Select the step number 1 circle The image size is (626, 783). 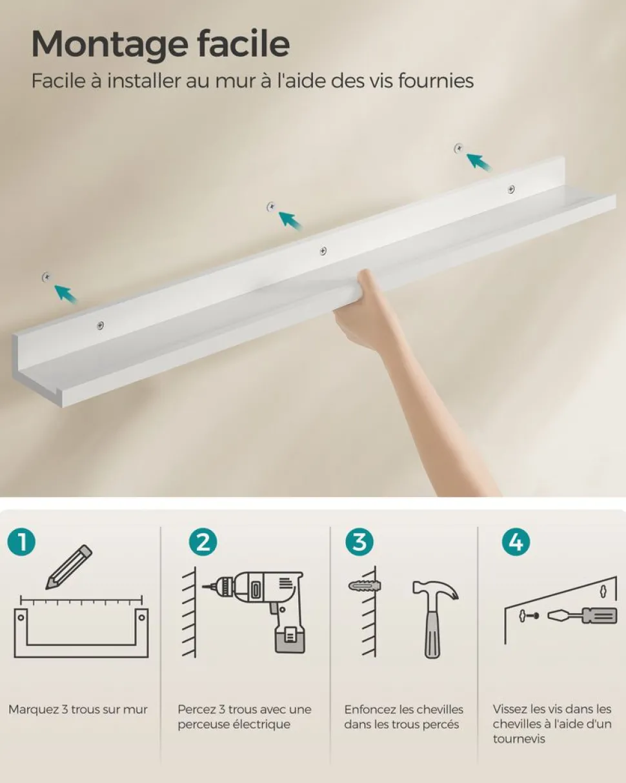click(23, 542)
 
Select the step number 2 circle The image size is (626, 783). click(203, 542)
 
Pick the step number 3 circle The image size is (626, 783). click(359, 542)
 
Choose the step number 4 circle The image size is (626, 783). click(516, 542)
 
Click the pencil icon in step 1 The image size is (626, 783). click(68, 566)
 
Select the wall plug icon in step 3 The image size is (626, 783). click(363, 585)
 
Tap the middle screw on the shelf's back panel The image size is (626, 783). click(323, 250)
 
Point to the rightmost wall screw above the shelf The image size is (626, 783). click(459, 148)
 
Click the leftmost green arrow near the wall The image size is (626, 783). click(65, 294)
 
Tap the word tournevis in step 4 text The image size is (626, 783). click(520, 738)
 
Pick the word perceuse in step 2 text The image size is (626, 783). click(205, 724)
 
